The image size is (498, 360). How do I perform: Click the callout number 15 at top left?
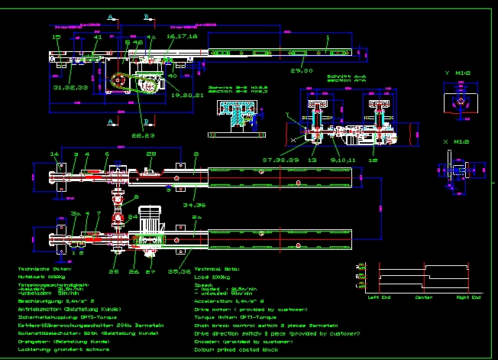point(56,37)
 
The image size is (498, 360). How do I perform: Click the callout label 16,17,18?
point(182,36)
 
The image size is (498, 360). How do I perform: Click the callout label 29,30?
point(302,70)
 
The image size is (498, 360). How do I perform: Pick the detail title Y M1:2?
point(458,73)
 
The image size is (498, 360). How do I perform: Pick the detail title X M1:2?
point(456,142)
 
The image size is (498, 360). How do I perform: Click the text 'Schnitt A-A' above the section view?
point(342,76)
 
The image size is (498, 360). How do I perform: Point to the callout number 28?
point(151,154)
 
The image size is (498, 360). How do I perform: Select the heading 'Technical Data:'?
point(218,270)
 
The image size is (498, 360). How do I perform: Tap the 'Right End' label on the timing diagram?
point(468,297)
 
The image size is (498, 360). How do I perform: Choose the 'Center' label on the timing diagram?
point(424,297)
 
